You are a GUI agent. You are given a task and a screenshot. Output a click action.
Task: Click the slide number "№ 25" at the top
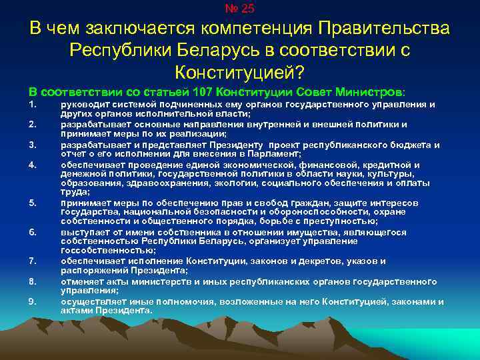click(240, 9)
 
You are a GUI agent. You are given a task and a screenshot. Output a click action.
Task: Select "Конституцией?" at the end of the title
click(239, 71)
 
